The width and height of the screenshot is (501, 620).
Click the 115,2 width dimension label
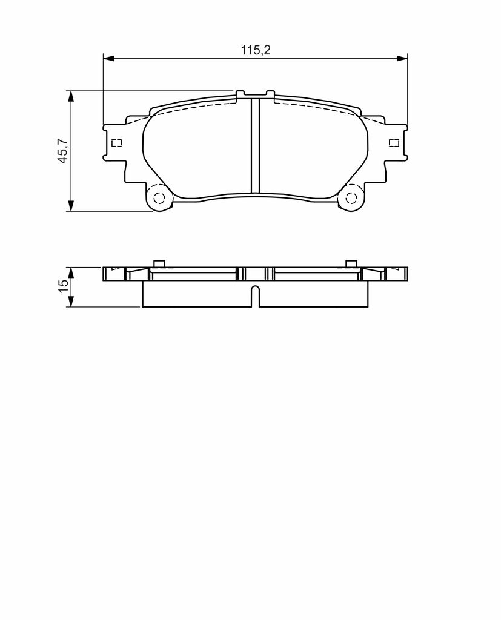(x=256, y=50)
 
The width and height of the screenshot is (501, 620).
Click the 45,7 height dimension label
(x=64, y=151)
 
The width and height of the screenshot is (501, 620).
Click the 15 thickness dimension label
(x=64, y=286)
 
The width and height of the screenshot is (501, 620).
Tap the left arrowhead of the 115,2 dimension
(x=108, y=59)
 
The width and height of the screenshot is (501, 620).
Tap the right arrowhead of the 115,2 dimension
(x=402, y=59)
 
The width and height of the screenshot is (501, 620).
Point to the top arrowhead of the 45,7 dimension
(x=71, y=96)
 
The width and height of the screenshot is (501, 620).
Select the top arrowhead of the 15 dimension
(x=71, y=272)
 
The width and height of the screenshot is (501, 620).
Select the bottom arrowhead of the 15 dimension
(x=71, y=302)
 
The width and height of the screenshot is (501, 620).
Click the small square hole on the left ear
(x=117, y=143)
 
